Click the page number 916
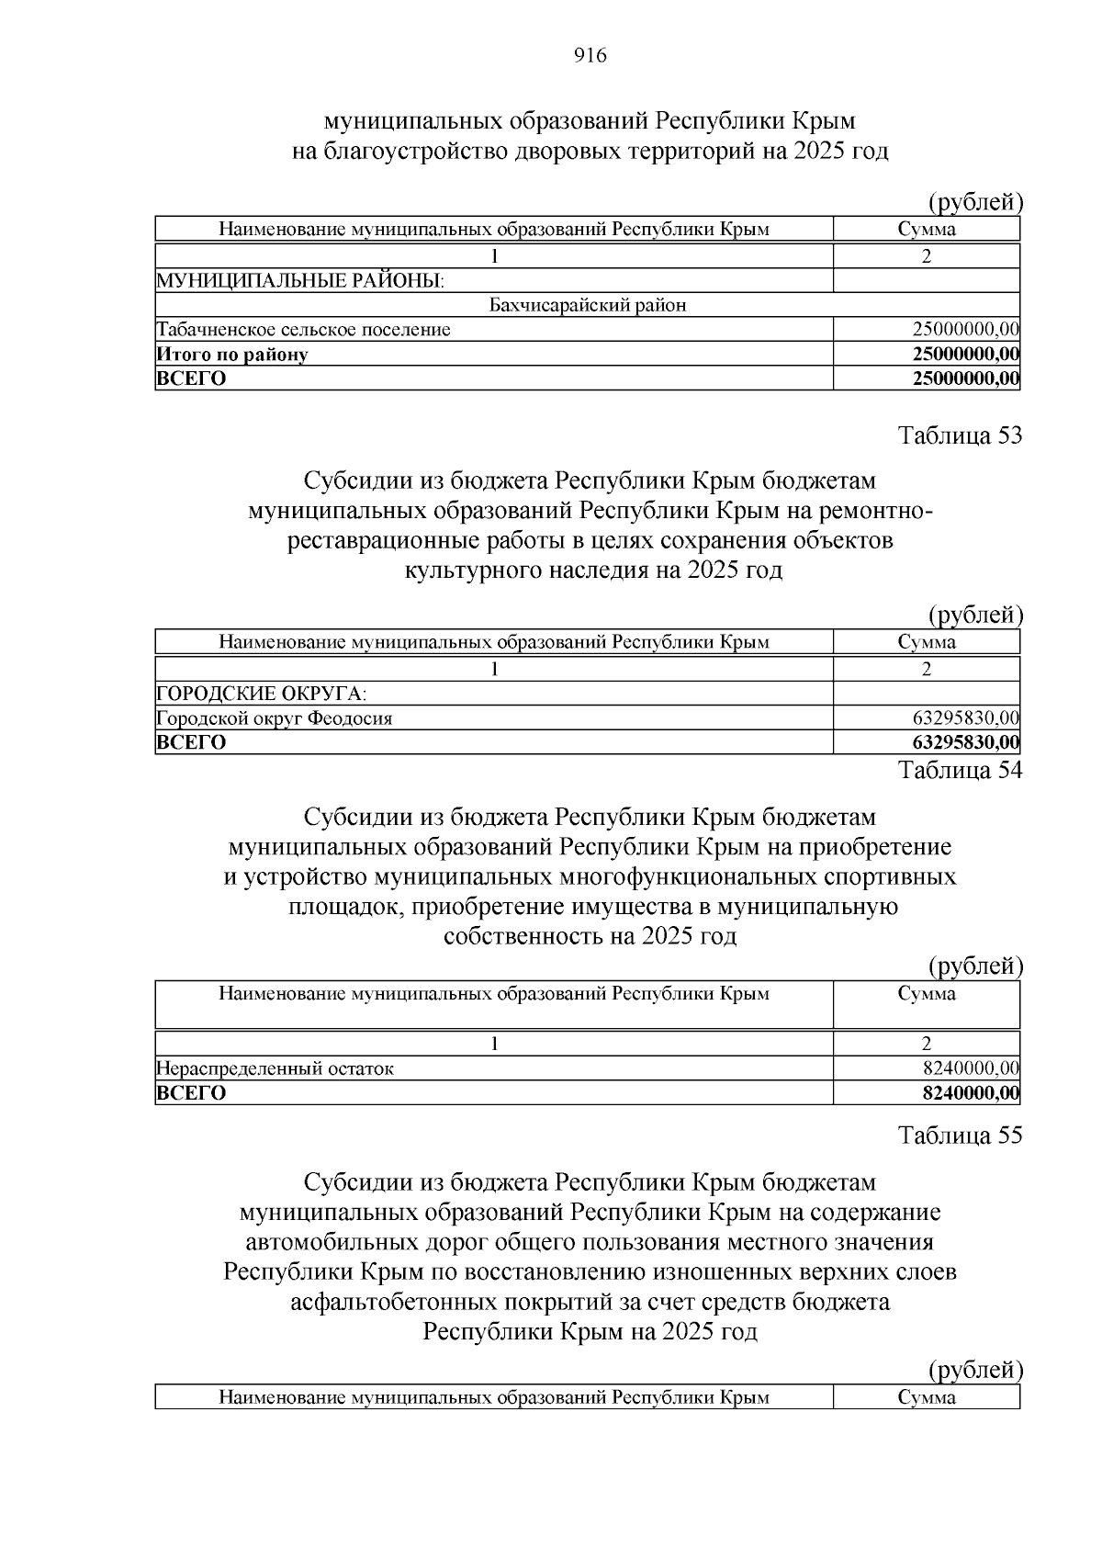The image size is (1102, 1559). (590, 56)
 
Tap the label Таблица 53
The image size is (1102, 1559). (960, 435)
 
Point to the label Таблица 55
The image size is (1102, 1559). (960, 1135)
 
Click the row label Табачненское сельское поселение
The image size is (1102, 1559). (303, 329)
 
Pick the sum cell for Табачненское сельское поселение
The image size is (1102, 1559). (965, 329)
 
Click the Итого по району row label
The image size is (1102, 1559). (231, 354)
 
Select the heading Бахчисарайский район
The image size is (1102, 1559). (588, 305)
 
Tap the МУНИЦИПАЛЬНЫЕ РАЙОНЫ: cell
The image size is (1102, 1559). (299, 280)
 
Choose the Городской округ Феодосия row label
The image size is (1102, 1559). (274, 718)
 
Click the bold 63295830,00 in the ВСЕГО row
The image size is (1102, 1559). (965, 742)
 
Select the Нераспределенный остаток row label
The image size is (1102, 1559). (275, 1068)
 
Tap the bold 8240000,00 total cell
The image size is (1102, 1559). (971, 1093)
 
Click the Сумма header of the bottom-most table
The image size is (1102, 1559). (926, 1397)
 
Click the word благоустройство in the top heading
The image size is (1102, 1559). (413, 152)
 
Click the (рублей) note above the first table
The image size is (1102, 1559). (974, 201)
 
